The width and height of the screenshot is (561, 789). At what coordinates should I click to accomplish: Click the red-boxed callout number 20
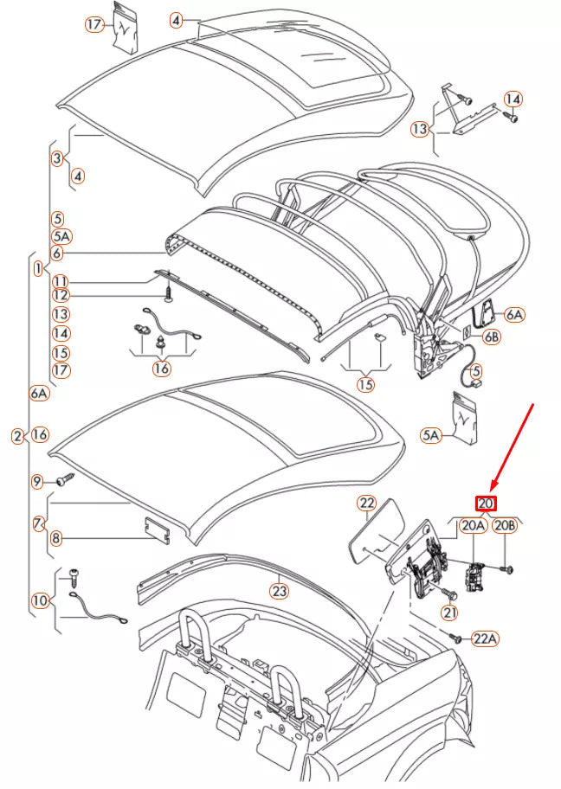pos(486,504)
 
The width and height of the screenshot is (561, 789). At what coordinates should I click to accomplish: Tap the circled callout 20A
pos(473,525)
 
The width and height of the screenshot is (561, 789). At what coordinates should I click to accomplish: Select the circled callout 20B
pos(505,525)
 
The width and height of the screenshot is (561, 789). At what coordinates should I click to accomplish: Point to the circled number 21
pos(449,613)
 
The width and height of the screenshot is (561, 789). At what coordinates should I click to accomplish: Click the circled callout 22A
pos(486,638)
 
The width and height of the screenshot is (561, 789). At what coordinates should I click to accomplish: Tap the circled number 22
pos(366,503)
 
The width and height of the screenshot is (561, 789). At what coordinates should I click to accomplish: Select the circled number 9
pos(37,481)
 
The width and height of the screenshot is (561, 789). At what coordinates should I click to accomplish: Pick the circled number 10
pos(40,599)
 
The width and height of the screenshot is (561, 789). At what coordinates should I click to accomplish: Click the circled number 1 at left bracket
pos(38,269)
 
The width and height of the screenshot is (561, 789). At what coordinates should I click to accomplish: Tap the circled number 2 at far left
pos(17,436)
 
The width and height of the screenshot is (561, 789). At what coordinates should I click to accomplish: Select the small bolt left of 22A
pos(455,637)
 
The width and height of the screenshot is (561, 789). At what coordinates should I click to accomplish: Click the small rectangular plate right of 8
pos(156,528)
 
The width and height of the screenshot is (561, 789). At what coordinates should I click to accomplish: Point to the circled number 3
pos(57,158)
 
